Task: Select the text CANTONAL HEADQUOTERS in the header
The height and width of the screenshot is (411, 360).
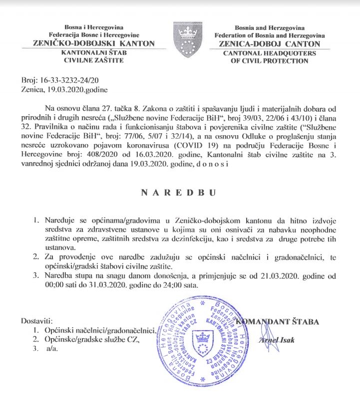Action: pos(269,53)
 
